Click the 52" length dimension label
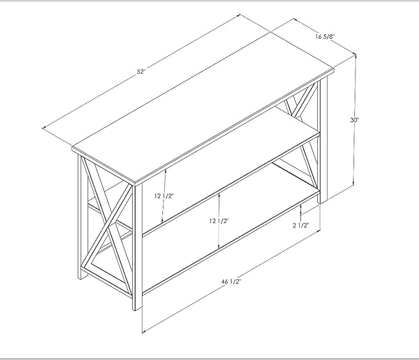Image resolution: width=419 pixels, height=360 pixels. [141, 72]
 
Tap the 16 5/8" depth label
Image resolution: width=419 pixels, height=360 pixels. [325, 36]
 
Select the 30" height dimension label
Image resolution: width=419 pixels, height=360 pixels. [354, 120]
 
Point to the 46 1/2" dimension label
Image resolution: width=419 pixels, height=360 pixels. [231, 282]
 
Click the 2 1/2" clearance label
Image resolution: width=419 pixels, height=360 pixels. [301, 226]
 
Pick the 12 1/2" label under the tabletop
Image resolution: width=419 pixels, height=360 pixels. [164, 196]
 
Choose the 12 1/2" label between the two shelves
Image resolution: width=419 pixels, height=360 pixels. [219, 221]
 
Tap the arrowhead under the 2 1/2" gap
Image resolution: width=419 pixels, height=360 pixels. [301, 213]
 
